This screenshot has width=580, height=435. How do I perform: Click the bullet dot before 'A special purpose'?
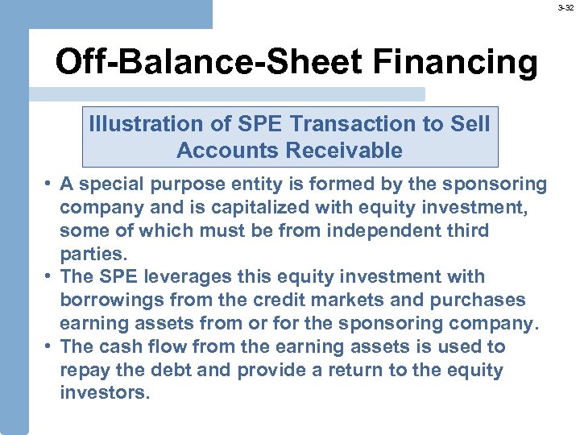[48, 184]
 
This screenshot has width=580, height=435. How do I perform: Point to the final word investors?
[105, 394]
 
